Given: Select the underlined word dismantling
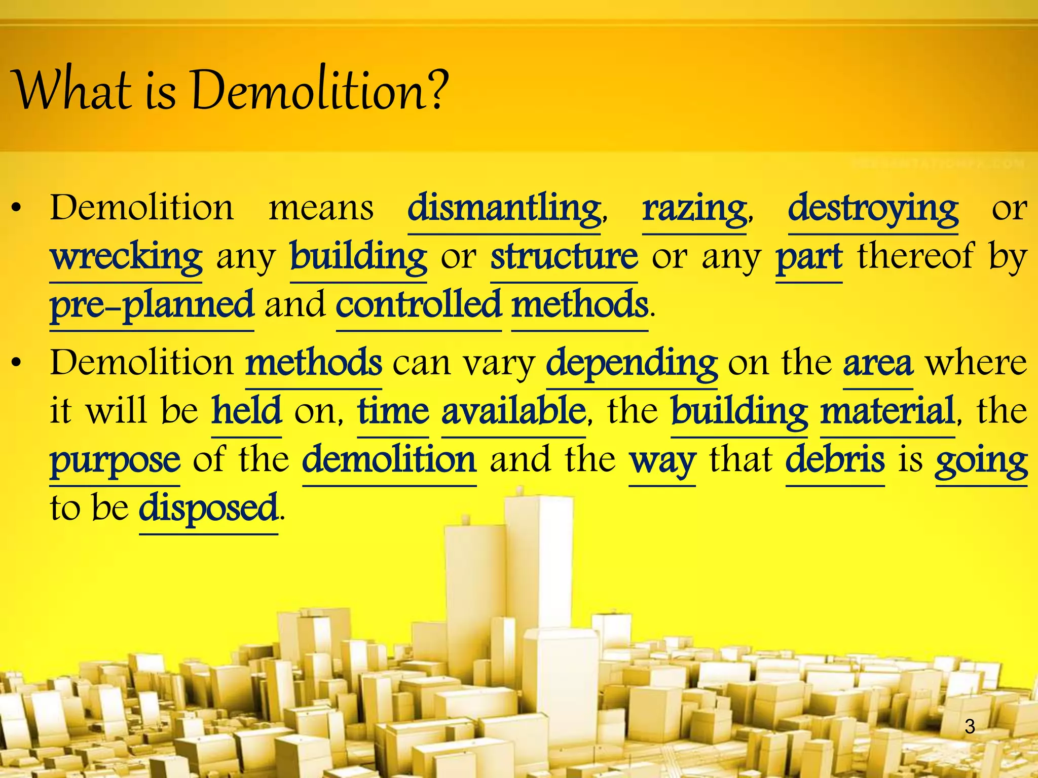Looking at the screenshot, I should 504,209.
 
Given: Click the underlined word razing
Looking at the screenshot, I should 694,209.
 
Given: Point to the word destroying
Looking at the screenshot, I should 873,209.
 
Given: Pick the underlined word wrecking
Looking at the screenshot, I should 126,257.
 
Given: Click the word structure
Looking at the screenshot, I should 564,257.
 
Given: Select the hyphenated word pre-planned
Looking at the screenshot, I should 152,305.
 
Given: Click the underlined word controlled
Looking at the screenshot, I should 419,305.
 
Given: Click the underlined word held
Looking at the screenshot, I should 246,411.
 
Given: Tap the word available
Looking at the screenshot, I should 513,411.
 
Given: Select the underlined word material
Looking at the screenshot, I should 887,411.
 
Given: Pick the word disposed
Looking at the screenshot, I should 208,508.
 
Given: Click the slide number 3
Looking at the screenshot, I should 970,726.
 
